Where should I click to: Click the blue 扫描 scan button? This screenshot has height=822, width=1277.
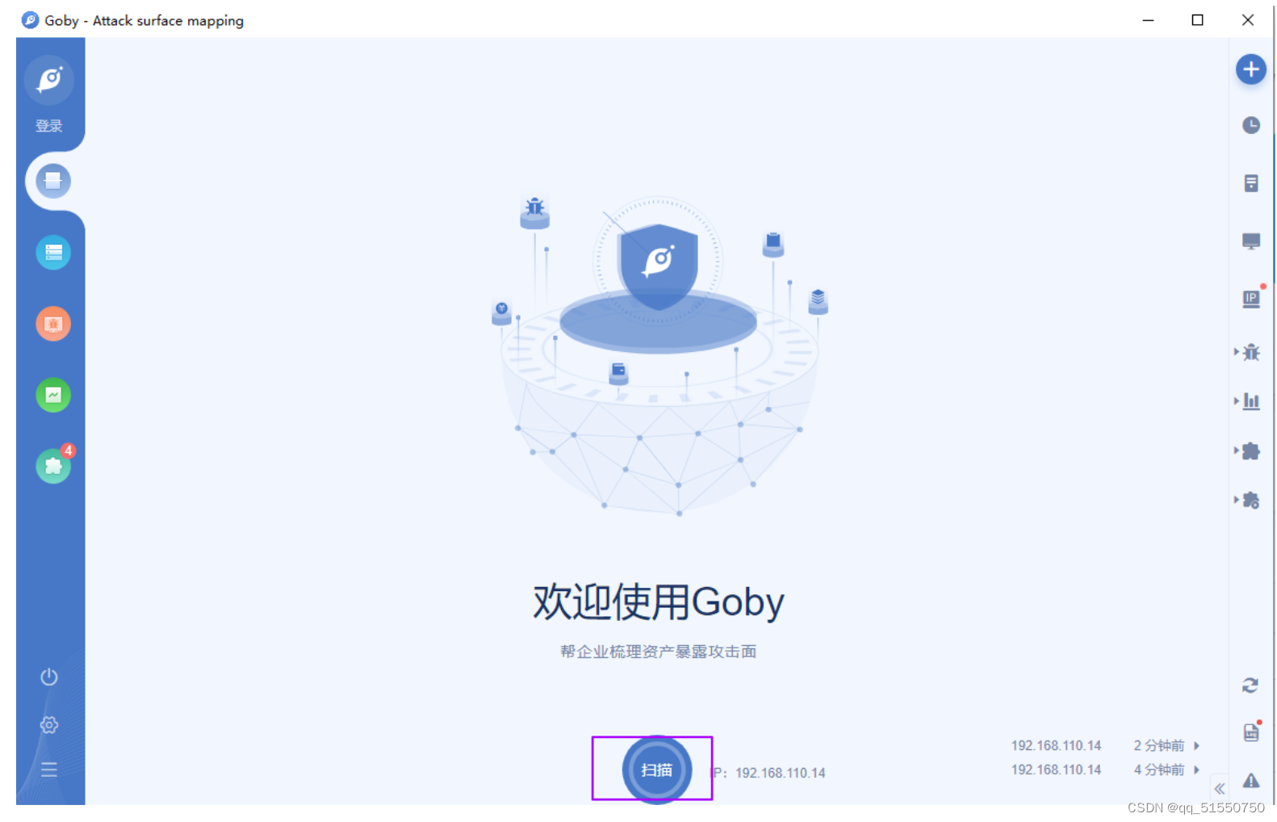coord(656,770)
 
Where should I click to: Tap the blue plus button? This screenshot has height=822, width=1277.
coord(1250,69)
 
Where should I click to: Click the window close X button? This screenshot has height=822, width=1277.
coord(1247,20)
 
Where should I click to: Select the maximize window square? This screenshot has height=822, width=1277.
coord(1197,20)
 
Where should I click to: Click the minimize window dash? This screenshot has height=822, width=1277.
coord(1148,20)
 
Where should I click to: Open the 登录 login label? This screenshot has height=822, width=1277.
coord(49,126)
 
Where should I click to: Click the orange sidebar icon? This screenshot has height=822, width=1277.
coord(53,324)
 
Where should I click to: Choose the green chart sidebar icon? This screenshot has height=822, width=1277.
coord(53,395)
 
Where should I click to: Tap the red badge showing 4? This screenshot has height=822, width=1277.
coord(69,451)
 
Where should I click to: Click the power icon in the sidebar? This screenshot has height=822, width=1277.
coord(49,677)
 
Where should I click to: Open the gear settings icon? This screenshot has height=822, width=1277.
coord(49,724)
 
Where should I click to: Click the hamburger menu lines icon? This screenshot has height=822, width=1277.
coord(49,769)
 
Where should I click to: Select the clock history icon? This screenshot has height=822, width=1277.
coord(1250,125)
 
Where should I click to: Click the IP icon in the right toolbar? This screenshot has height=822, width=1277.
coord(1250,299)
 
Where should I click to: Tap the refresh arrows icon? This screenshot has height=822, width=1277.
coord(1250,686)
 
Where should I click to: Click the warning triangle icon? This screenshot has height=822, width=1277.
coord(1250,780)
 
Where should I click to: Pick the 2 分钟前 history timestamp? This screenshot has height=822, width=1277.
coord(1158,745)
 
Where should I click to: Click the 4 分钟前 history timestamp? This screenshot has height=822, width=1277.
coord(1158,770)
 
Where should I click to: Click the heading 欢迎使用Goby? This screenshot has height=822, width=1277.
coord(658,602)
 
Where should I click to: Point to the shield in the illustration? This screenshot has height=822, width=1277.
coord(658,263)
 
